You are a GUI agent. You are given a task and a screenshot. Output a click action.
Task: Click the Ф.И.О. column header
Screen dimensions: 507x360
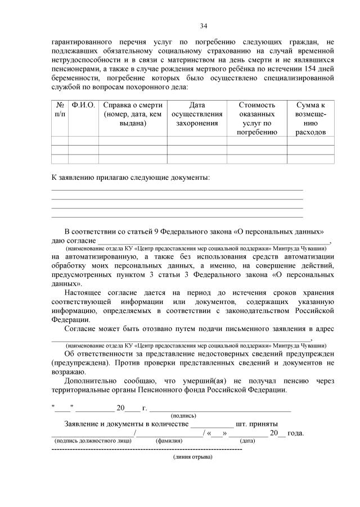(x=84, y=105)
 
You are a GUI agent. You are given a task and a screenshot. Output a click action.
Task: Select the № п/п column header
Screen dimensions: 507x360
(x=60, y=110)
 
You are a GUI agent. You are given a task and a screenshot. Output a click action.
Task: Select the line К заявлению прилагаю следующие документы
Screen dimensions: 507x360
(x=130, y=178)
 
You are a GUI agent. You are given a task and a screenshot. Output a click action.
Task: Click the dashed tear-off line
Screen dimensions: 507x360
(x=146, y=450)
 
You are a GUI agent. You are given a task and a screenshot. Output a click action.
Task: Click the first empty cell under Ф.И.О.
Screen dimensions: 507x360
(x=84, y=141)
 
